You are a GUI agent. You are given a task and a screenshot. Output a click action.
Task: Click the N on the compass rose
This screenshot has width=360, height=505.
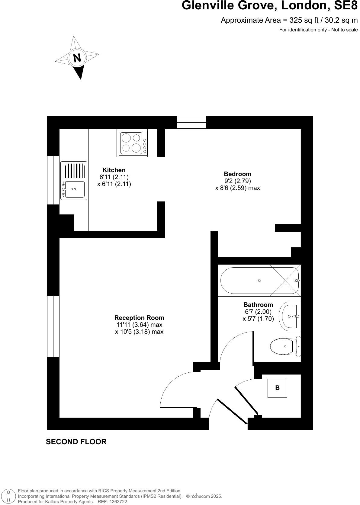(x=77, y=58)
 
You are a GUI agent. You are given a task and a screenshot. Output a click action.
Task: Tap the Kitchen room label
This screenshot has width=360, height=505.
(x=114, y=170)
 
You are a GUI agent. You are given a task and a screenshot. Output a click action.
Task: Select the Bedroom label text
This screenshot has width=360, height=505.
(x=237, y=174)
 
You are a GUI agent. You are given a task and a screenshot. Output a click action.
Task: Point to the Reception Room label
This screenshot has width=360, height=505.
(x=139, y=318)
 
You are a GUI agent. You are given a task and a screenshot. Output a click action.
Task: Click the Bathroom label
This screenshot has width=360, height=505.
(x=258, y=305)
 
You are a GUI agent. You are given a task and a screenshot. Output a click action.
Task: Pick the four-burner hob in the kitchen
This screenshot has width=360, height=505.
(x=132, y=143)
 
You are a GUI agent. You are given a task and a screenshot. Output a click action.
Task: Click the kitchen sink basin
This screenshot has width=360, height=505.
(x=75, y=189)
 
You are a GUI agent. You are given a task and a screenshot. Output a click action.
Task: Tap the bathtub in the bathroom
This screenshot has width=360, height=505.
(x=259, y=281)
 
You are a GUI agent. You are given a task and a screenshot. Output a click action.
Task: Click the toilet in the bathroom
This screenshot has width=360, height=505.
(x=284, y=346)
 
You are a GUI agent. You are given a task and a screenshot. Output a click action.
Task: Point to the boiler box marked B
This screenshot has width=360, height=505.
(x=277, y=388)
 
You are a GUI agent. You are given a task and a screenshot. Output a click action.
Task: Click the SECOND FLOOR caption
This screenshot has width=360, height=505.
(x=76, y=442)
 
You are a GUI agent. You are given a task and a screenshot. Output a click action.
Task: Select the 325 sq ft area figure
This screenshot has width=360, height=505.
(x=297, y=20)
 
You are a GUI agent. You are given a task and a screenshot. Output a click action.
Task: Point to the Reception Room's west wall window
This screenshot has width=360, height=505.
(x=53, y=326)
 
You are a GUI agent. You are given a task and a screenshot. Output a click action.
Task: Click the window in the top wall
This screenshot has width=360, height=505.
(x=191, y=122)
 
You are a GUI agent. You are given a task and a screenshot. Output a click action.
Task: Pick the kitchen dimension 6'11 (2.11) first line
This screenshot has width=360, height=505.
(x=114, y=177)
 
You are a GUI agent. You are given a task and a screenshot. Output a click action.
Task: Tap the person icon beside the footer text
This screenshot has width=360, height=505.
(x=9, y=497)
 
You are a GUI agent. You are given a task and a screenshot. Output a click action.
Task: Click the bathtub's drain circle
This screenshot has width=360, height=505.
(x=259, y=281)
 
